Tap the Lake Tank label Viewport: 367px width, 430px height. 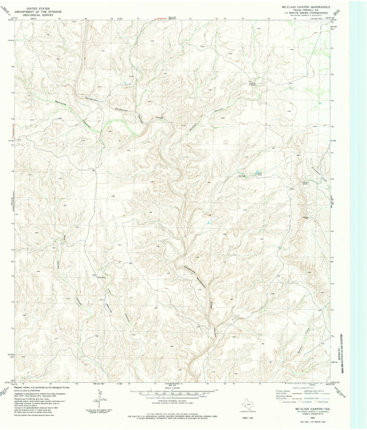click(260, 174)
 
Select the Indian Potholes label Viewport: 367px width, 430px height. click(252, 84)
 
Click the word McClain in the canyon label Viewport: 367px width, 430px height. click(193, 127)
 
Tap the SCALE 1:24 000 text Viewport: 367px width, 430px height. click(172, 388)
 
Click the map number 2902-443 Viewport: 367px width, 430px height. click(248, 418)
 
